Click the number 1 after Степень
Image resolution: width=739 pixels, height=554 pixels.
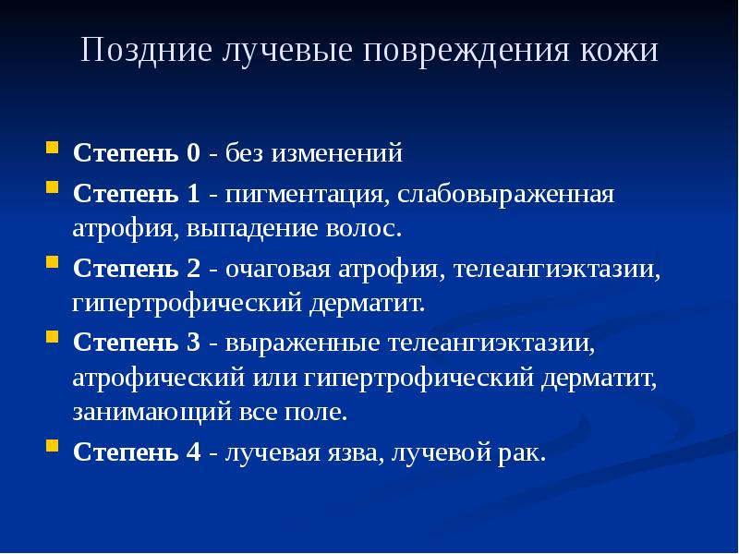coord(192,196)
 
